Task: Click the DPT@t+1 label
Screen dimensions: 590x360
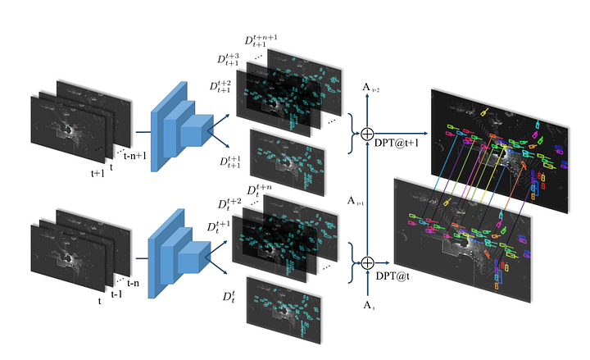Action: click(x=397, y=143)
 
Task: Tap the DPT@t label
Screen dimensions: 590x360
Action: click(x=393, y=276)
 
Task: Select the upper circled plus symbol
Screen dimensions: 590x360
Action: click(x=367, y=134)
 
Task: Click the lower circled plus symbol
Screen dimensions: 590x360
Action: click(x=368, y=263)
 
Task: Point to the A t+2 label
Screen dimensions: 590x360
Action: click(x=370, y=88)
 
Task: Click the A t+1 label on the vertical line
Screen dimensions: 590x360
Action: click(x=355, y=201)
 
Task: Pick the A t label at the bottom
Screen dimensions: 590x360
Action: click(x=369, y=305)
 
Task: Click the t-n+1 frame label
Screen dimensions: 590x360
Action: click(x=134, y=155)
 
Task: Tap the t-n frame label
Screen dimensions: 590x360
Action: click(x=133, y=283)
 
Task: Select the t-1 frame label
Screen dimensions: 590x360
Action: click(x=116, y=294)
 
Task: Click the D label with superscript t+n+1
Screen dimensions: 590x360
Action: click(x=261, y=40)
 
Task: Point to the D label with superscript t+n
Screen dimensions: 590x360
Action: click(x=259, y=189)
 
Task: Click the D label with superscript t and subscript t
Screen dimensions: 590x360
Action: click(x=229, y=296)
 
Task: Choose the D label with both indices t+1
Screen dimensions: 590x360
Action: click(x=230, y=162)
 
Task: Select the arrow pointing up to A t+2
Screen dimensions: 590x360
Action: click(x=367, y=111)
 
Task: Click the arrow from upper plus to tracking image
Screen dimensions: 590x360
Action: click(x=401, y=134)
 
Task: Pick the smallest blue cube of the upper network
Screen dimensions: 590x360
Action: click(x=197, y=130)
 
